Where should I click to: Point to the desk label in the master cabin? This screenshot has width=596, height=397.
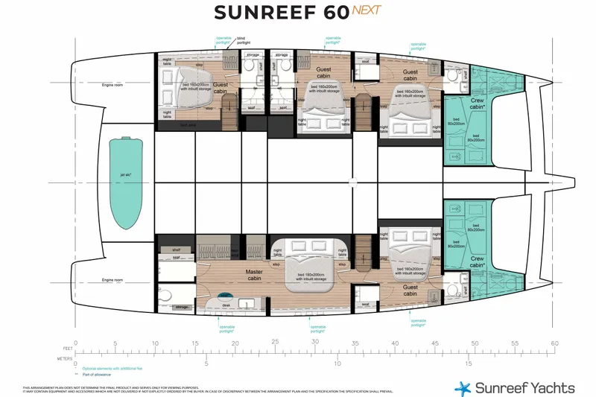pos(226,304)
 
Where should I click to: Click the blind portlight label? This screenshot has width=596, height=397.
pos(244,42)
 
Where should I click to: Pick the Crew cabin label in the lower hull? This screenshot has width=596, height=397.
pos(478,261)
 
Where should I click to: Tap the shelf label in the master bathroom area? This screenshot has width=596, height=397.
pos(177,250)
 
